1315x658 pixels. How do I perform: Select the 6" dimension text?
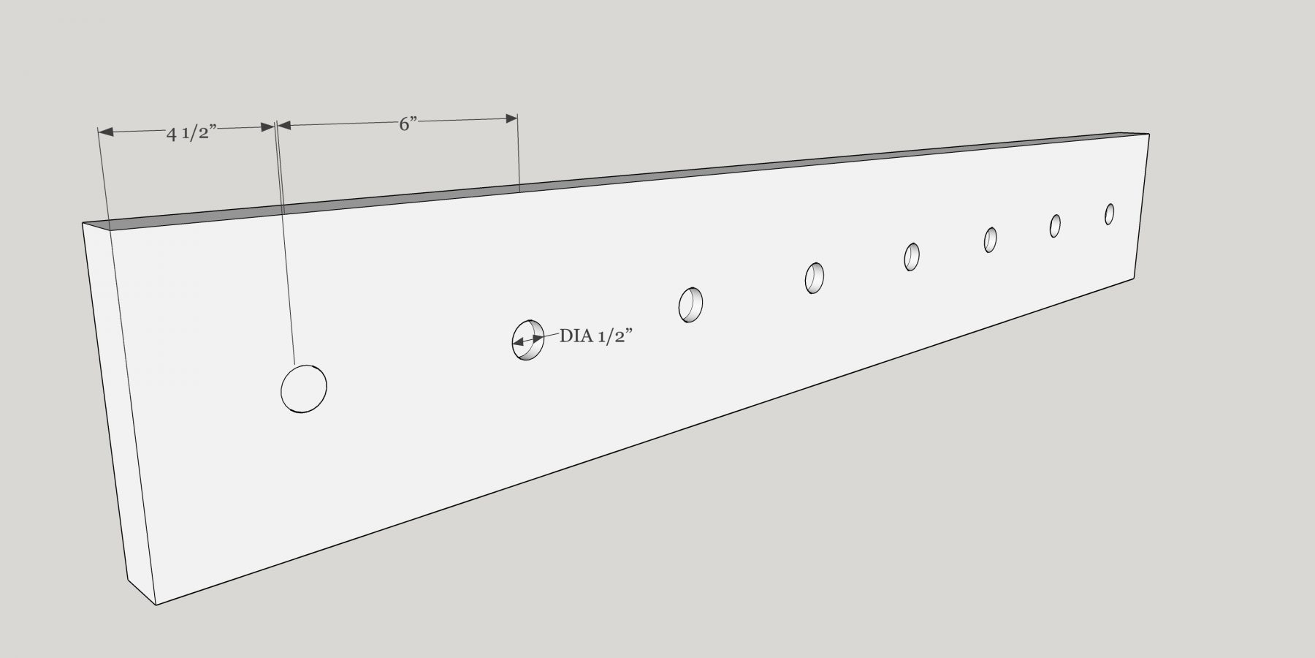[407, 124]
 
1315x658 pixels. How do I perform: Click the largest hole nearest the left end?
[303, 389]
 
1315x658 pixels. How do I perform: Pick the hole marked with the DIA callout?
[527, 340]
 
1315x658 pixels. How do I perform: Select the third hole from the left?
[690, 305]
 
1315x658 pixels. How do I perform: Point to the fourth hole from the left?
[815, 278]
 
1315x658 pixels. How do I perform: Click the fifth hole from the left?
[912, 257]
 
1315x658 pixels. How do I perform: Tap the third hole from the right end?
[990, 239]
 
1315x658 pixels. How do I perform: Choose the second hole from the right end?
[1055, 225]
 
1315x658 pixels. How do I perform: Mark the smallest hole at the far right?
[1109, 213]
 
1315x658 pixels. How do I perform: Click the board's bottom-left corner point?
[156, 605]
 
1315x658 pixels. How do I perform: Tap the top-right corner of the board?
[1149, 134]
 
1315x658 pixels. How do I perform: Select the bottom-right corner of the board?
[1134, 279]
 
